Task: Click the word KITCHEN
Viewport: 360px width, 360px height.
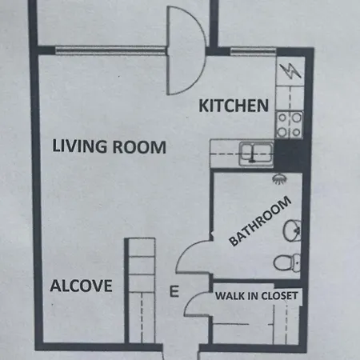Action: pyautogui.click(x=233, y=106)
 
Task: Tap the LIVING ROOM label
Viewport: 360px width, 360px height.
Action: pyautogui.click(x=109, y=147)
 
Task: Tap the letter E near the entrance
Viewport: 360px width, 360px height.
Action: pyautogui.click(x=174, y=292)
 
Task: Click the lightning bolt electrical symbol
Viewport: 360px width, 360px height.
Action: pyautogui.click(x=290, y=71)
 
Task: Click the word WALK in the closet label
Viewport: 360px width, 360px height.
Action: pyautogui.click(x=229, y=297)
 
